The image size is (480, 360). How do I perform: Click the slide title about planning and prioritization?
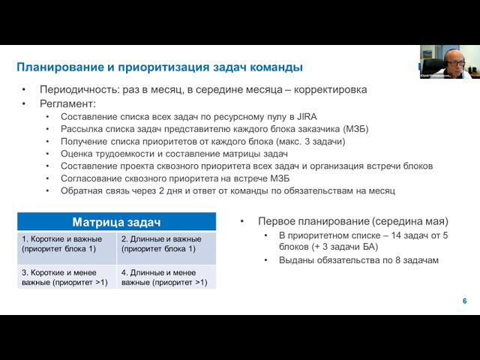pyautogui.click(x=160, y=67)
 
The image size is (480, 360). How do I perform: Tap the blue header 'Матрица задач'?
pyautogui.click(x=116, y=222)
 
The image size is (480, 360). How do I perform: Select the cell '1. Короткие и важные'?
pyautogui.click(x=67, y=243)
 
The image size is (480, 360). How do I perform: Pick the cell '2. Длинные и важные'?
pyautogui.click(x=166, y=243)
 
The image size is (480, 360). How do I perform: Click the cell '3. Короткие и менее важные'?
pyautogui.click(x=67, y=277)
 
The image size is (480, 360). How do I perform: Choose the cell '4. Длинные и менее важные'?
pyautogui.click(x=166, y=277)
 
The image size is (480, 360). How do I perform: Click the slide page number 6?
pyautogui.click(x=464, y=301)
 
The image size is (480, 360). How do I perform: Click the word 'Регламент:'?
pyautogui.click(x=67, y=103)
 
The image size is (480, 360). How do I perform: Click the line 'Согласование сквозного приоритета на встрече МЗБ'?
pyautogui.click(x=175, y=178)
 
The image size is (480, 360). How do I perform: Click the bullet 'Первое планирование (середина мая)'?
pyautogui.click(x=352, y=222)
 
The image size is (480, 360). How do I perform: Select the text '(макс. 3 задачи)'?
pyautogui.click(x=310, y=141)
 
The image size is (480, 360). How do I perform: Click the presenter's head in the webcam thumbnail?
pyautogui.click(x=452, y=59)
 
